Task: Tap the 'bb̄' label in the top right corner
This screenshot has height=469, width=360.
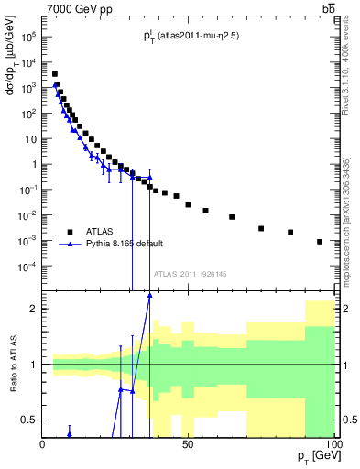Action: point(328,9)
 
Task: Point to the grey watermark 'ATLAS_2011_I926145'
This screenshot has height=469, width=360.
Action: point(190,273)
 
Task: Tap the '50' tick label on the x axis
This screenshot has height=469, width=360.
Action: point(188,443)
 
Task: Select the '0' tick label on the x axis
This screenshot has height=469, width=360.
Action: point(43,443)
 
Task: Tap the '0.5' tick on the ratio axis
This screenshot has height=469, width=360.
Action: point(29,420)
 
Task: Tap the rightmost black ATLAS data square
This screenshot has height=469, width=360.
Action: point(320,242)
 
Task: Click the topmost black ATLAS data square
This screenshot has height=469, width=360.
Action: point(54,74)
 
